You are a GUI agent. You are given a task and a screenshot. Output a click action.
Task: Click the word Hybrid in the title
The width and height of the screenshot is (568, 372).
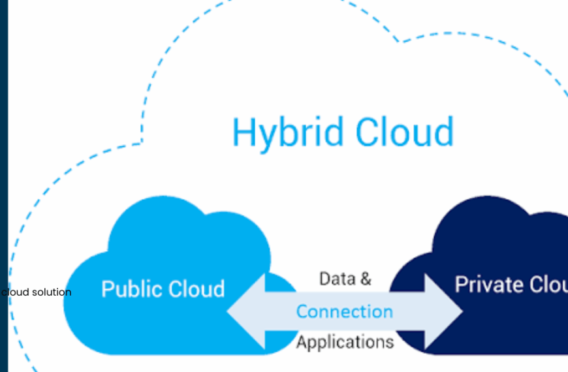pyautogui.click(x=287, y=132)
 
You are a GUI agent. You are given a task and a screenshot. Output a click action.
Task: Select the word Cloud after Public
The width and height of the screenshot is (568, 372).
pyautogui.click(x=195, y=288)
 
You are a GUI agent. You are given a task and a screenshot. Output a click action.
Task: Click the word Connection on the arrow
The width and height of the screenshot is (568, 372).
pyautogui.click(x=345, y=311)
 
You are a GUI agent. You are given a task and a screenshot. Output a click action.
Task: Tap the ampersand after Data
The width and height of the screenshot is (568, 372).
pyautogui.click(x=365, y=279)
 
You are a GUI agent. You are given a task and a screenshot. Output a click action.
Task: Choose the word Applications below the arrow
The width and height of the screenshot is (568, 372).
pyautogui.click(x=345, y=341)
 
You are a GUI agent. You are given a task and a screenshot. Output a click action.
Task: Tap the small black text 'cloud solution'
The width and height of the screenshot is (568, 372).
pyautogui.click(x=36, y=292)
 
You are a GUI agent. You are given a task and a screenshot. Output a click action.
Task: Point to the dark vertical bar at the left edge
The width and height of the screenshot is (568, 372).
pyautogui.click(x=4, y=186)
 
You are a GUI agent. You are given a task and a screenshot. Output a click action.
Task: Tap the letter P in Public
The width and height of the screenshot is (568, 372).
pyautogui.click(x=108, y=288)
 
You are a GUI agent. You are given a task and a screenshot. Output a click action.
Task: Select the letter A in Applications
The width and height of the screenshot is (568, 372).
pyautogui.click(x=302, y=341)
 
